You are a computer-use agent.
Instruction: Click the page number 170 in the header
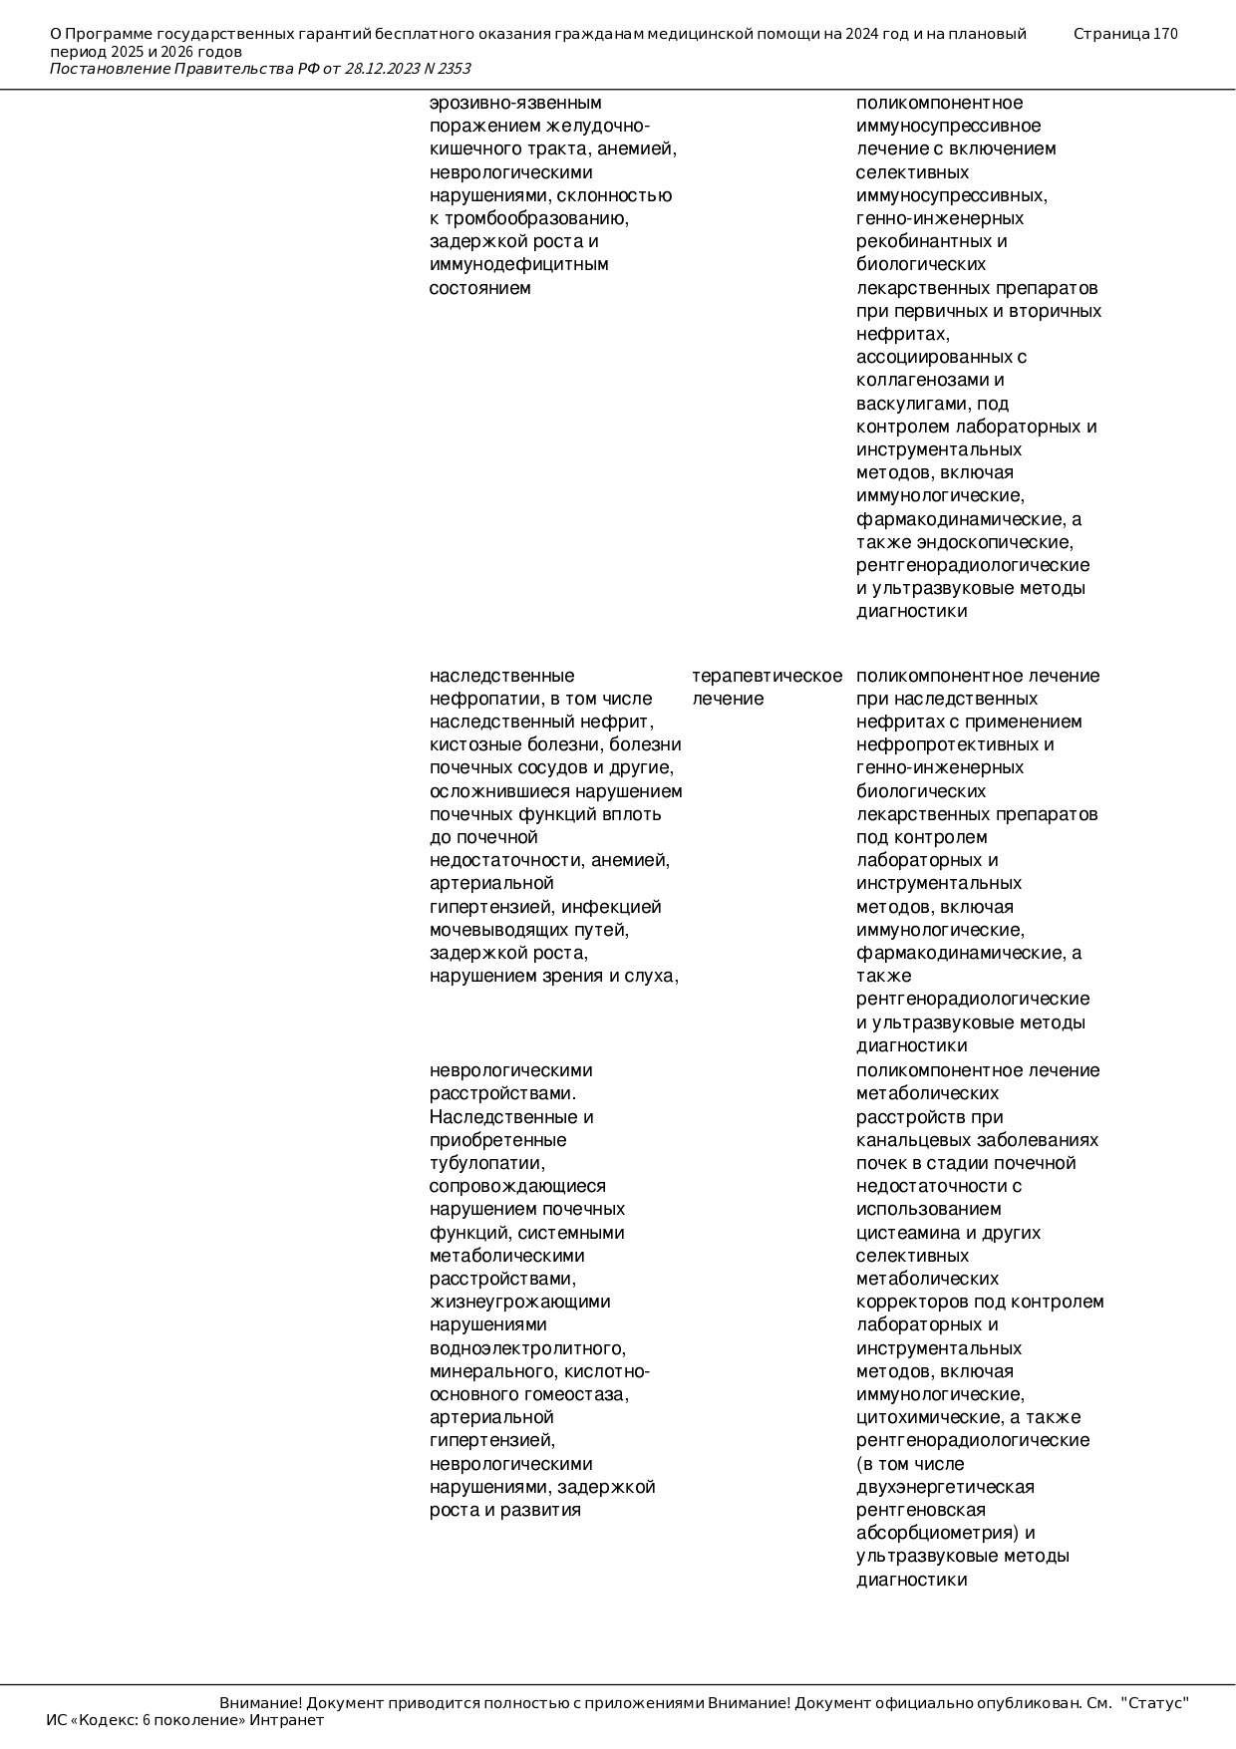coord(1164,34)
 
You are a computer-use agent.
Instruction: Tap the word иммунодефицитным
coord(518,264)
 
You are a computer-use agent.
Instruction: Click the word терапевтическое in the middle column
coord(767,676)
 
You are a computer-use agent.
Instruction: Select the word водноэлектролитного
coord(527,1348)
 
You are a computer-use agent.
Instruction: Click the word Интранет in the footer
coord(286,1720)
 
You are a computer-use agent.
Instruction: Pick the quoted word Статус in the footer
coord(1155,1703)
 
